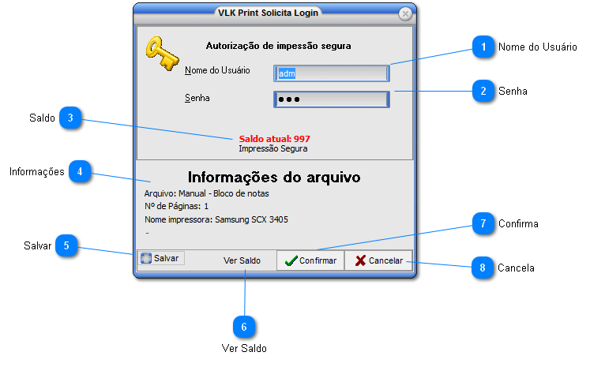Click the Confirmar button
[310, 260]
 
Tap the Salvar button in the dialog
[160, 258]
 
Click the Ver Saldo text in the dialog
[242, 260]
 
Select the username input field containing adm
[332, 73]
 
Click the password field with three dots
[332, 99]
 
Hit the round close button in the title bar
[405, 14]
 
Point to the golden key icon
[162, 54]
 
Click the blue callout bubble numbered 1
[483, 47]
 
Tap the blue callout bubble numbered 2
[483, 91]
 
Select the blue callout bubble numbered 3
[70, 118]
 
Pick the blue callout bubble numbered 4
[80, 171]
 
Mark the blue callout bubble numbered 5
[66, 245]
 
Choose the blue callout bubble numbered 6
[244, 327]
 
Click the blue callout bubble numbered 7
[483, 223]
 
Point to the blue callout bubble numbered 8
[483, 268]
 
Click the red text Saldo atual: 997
[275, 139]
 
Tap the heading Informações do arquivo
[274, 177]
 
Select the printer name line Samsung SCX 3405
[216, 219]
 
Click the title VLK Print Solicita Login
[268, 13]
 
